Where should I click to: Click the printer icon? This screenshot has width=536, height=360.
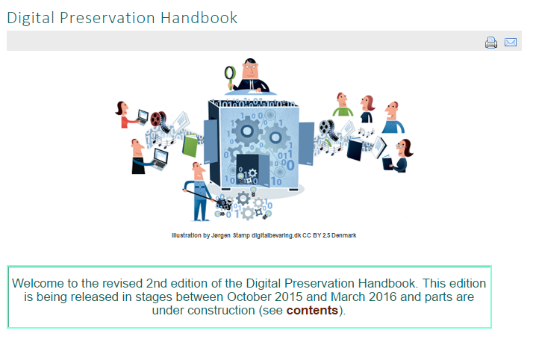tap(491, 43)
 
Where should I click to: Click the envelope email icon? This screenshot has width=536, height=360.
tap(511, 42)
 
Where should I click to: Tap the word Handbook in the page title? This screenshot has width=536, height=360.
tap(199, 18)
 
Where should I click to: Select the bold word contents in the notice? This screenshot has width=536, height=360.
tap(312, 311)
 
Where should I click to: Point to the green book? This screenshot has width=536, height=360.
tap(190, 146)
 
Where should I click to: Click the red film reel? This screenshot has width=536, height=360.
tap(158, 119)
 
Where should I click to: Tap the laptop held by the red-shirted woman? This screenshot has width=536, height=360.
tap(143, 117)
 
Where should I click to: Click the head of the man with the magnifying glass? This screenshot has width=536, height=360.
tap(250, 69)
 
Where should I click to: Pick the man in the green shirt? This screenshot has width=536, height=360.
tap(343, 105)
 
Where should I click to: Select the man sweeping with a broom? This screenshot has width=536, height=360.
tap(199, 191)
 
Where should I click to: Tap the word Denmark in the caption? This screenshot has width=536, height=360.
tap(343, 235)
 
